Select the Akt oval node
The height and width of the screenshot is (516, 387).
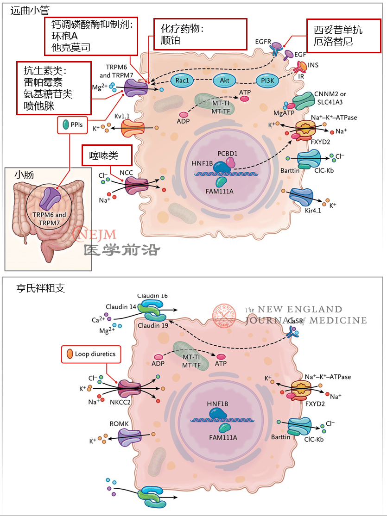pos(224,81)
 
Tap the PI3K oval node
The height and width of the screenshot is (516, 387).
pos(267,81)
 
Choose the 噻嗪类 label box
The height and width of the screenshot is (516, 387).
pos(107,155)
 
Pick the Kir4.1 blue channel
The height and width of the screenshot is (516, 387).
pos(301,197)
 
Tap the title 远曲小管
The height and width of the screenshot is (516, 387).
pos(30,10)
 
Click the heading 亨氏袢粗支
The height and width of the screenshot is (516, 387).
pos(40,288)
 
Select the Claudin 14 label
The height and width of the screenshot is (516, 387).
pos(120,306)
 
